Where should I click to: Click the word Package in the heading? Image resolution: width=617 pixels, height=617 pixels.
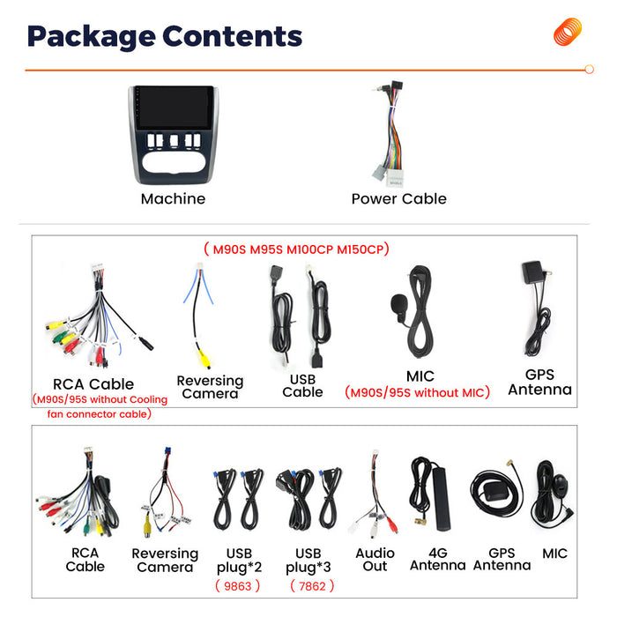[91, 37]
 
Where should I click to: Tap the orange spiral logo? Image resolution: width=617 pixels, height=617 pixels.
[568, 32]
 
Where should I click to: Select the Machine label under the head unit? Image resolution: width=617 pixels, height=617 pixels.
[173, 198]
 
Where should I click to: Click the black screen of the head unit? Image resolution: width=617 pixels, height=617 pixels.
[174, 107]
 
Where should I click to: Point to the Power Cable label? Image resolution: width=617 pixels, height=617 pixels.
[398, 198]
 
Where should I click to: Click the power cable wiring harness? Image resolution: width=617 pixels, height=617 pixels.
[390, 134]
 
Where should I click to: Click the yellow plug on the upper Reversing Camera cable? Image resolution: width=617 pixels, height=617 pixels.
[204, 359]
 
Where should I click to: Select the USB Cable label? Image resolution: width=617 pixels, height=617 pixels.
[302, 386]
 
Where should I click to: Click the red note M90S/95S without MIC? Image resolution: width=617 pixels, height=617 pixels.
[417, 392]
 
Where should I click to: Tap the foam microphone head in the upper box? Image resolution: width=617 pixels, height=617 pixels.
[398, 304]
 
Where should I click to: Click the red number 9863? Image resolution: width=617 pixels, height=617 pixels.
[237, 586]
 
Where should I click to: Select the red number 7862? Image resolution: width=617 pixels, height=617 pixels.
[312, 586]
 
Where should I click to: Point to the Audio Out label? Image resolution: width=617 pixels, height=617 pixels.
[375, 560]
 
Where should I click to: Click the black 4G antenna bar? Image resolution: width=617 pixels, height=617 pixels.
[441, 499]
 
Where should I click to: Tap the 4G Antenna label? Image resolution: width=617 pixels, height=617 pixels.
[438, 559]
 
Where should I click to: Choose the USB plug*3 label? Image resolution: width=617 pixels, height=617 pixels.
[308, 560]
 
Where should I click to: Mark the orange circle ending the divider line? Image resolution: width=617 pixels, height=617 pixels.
[589, 70]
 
